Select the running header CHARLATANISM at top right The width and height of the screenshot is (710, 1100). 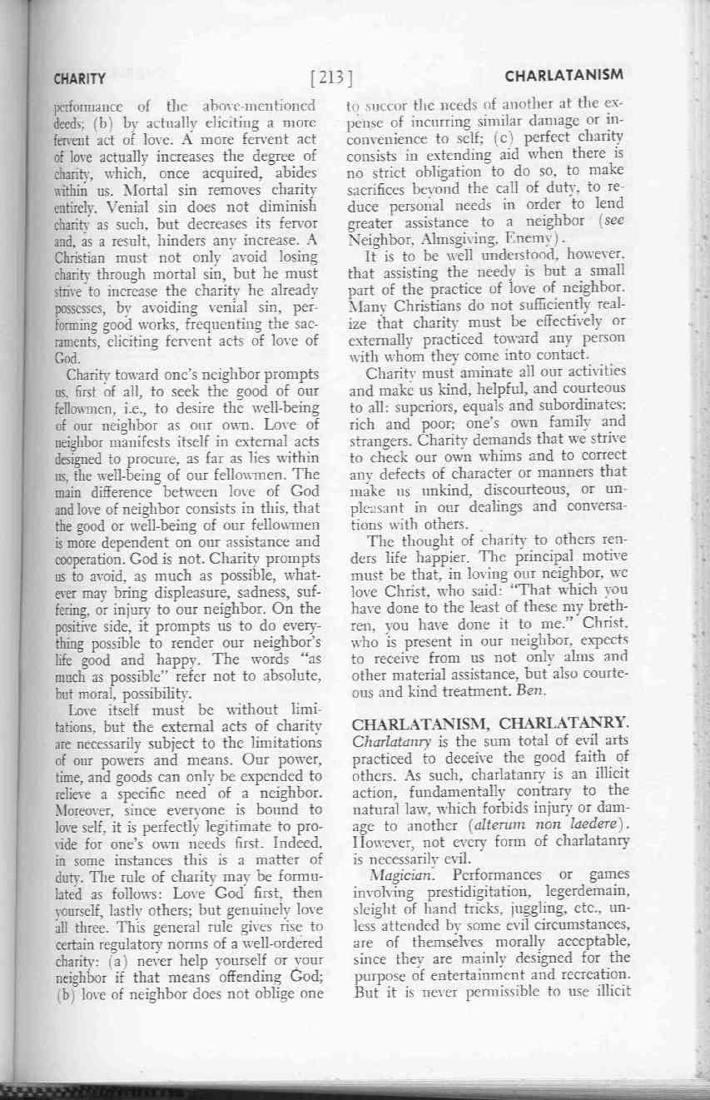[x=564, y=75]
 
